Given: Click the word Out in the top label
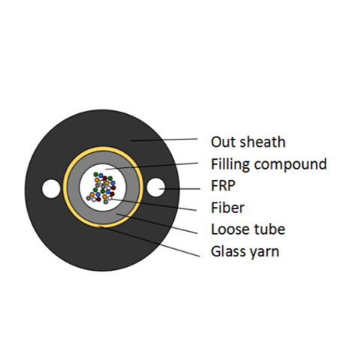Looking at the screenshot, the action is click(223, 142).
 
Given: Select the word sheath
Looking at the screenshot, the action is click(262, 142).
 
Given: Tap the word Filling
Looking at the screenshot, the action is click(230, 165).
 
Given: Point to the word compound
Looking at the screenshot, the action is click(290, 165).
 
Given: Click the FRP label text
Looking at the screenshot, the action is click(223, 185).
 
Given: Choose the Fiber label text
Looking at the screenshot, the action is click(227, 208).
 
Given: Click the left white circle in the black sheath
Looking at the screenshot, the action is click(51, 188).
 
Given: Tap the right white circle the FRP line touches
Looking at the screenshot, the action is click(156, 187).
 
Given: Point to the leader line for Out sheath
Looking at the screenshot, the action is click(164, 139).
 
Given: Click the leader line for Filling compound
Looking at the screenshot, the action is click(152, 166).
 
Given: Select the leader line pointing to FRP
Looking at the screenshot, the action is click(180, 189).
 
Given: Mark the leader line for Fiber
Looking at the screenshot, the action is click(154, 205).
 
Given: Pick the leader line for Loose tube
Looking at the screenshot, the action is click(157, 223).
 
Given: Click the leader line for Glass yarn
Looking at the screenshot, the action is click(149, 241).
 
